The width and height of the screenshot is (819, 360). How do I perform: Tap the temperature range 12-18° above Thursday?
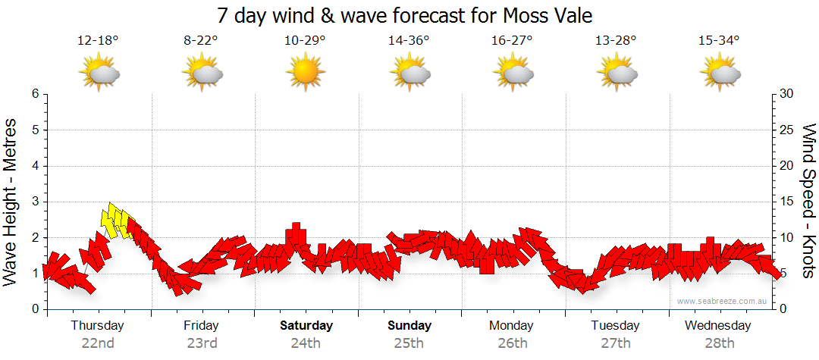(x=98, y=40)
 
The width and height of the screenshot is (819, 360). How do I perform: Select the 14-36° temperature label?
(x=409, y=40)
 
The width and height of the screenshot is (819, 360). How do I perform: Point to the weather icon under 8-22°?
(x=202, y=73)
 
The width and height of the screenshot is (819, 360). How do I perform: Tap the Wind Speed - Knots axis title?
(x=808, y=202)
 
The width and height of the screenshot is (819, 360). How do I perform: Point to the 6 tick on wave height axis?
(x=35, y=94)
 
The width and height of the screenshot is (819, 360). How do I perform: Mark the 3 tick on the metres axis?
(x=35, y=202)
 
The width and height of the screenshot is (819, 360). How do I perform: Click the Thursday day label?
(x=97, y=326)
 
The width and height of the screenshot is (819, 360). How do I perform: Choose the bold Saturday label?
(x=306, y=326)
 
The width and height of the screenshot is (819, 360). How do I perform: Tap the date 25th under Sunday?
(x=409, y=343)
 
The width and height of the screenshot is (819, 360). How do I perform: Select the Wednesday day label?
(x=717, y=326)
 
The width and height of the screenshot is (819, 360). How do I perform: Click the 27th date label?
(x=616, y=343)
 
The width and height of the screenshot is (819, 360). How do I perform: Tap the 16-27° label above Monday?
(x=512, y=40)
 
